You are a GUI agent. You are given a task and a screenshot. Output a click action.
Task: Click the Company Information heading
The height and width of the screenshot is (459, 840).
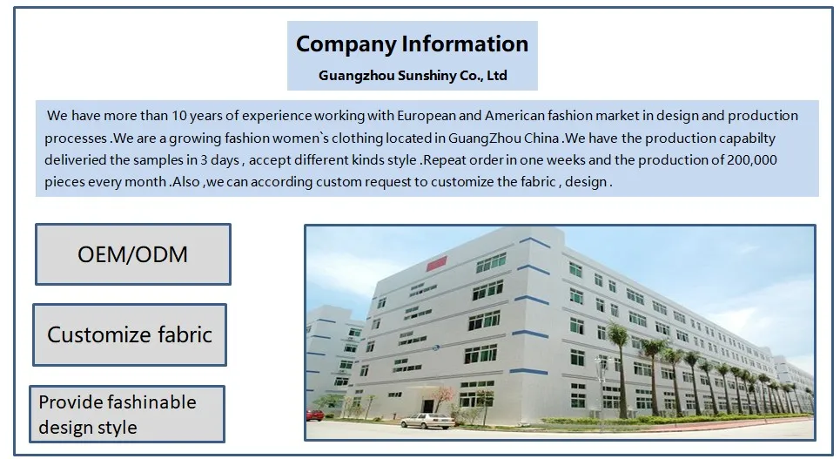[412, 44]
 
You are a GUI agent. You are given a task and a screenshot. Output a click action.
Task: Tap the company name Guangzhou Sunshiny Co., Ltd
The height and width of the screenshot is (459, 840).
[413, 76]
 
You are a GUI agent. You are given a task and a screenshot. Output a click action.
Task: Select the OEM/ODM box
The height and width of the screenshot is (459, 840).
[133, 254]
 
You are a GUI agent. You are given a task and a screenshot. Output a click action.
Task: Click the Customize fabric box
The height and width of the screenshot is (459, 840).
[130, 334]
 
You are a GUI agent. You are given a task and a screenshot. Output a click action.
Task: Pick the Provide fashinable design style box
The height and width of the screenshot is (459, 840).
[127, 414]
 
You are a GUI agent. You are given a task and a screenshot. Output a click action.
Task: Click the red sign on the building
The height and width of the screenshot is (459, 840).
[436, 263]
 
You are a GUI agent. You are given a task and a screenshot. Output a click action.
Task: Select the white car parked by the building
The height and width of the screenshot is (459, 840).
[427, 421]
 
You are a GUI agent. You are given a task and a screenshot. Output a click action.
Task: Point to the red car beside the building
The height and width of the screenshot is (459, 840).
[315, 415]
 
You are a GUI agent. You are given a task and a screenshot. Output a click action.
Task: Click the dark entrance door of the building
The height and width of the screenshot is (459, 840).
[427, 406]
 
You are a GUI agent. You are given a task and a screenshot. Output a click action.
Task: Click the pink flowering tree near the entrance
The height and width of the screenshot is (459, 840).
[443, 398]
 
